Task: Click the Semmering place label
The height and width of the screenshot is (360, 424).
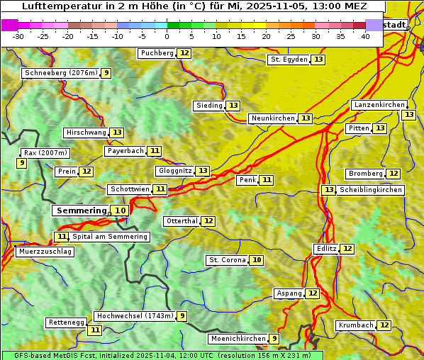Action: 80,210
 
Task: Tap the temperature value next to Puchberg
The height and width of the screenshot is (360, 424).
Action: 184,53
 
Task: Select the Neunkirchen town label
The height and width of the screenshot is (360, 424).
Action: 272,118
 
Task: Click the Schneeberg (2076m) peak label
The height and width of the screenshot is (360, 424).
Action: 60,73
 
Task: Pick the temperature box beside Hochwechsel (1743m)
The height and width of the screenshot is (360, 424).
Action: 182,316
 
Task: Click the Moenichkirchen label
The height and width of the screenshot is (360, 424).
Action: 238,339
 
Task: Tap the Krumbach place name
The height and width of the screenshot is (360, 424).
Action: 355,325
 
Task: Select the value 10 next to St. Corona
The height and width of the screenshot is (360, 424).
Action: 257,260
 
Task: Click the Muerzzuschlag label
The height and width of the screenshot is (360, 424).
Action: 44,252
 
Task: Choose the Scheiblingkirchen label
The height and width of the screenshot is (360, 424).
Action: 370,190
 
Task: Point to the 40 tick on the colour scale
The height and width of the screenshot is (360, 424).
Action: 365,36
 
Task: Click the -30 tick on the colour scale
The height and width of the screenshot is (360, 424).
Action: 18,36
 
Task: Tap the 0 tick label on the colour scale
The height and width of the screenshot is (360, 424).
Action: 167,36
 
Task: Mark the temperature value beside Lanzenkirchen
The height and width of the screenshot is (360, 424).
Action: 408,115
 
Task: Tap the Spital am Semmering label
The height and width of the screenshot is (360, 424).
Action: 110,237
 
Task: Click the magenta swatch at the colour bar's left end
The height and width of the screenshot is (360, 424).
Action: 9,25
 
